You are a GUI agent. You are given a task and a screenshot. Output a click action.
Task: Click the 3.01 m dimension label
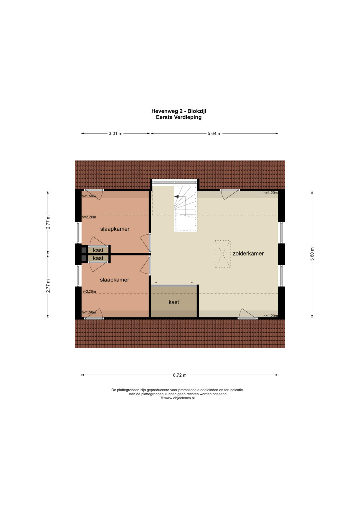coord(115,134)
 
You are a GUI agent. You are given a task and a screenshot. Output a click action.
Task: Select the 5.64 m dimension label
coord(214,134)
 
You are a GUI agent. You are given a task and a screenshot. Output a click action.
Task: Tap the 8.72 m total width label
coord(180,375)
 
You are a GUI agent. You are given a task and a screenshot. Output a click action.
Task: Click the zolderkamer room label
coord(248,253)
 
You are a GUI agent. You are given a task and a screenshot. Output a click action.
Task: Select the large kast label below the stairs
coord(174,302)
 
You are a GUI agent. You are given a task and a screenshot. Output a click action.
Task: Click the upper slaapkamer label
coord(115,229)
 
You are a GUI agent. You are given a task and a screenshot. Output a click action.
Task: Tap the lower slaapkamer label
coord(115,280)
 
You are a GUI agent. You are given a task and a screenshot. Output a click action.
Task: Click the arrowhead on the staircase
coord(176,197)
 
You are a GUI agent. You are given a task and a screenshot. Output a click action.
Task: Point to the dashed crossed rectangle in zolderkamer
coord(223,254)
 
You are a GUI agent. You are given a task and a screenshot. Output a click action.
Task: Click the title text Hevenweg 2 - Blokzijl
coord(179,111)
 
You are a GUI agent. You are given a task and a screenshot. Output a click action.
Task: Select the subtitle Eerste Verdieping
coord(179,117)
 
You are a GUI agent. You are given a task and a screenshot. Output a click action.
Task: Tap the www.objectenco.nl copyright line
coord(177,398)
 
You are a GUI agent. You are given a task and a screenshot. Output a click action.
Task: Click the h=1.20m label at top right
coord(270,193)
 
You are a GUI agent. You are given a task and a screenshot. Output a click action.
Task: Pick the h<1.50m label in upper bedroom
coord(89,196)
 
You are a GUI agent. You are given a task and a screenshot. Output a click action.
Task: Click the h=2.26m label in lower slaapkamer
coord(89,291)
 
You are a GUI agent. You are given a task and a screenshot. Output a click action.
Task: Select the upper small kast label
coord(98,250)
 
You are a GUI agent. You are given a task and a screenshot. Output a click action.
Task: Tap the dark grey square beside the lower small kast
coord(84,258)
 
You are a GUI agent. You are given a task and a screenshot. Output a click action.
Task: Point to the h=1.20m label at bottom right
coord(270,316)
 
